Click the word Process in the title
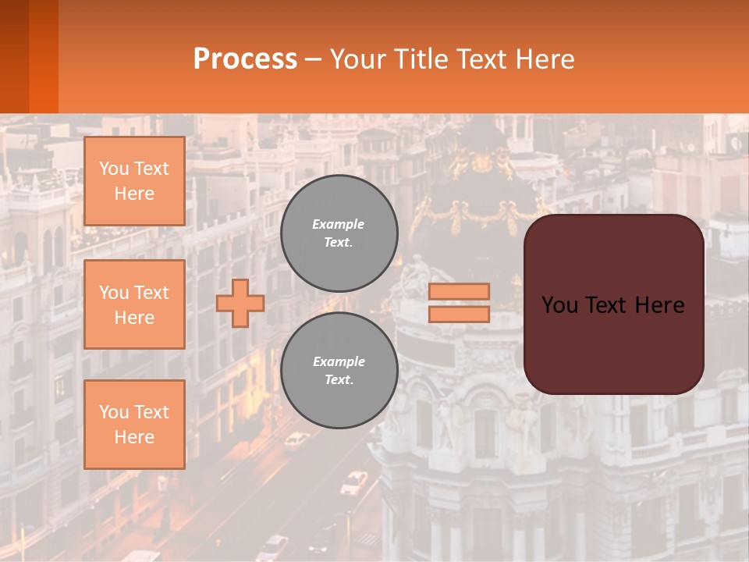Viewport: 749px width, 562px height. [x=245, y=59]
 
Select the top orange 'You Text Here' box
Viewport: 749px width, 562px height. [x=134, y=181]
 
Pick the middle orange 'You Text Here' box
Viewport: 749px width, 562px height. [x=134, y=304]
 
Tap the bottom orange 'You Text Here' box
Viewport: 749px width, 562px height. [x=134, y=425]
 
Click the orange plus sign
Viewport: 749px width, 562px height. [x=240, y=303]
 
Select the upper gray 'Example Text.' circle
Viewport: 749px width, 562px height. [x=339, y=233]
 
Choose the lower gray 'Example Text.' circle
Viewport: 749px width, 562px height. [x=339, y=371]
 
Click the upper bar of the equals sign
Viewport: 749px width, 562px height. [x=459, y=291]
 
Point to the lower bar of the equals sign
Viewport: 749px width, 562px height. [x=459, y=315]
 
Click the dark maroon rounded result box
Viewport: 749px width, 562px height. [x=613, y=343]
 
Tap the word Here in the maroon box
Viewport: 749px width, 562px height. [x=659, y=305]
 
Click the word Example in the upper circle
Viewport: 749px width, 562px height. [x=339, y=224]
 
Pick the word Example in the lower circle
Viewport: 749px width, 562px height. [x=339, y=361]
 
